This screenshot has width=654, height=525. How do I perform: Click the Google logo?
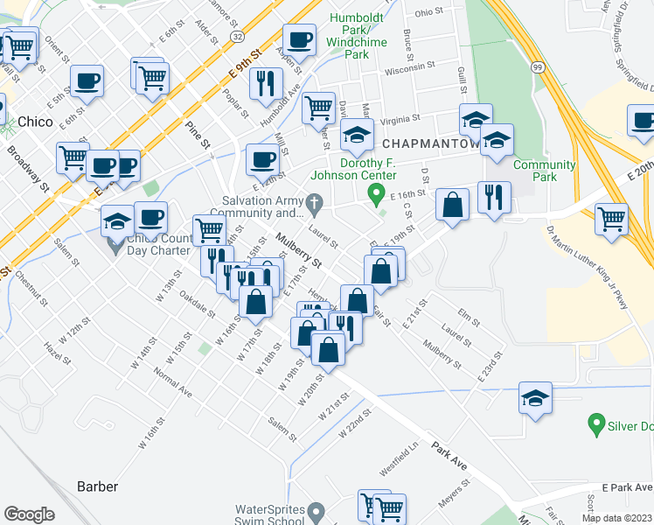29,514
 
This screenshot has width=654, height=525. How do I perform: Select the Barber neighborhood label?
97,486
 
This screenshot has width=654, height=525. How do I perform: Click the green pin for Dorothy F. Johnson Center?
377,193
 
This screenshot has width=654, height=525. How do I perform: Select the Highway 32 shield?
238,34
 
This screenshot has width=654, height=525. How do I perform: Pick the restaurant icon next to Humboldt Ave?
265,84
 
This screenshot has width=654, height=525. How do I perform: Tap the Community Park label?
546,171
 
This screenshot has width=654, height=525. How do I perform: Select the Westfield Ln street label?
399,457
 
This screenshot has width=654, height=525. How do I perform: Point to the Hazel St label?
56,353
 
